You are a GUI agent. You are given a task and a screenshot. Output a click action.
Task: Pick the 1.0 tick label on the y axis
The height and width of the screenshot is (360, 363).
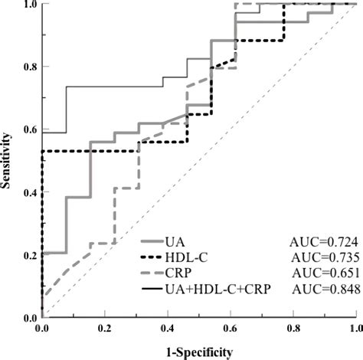[28, 5]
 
